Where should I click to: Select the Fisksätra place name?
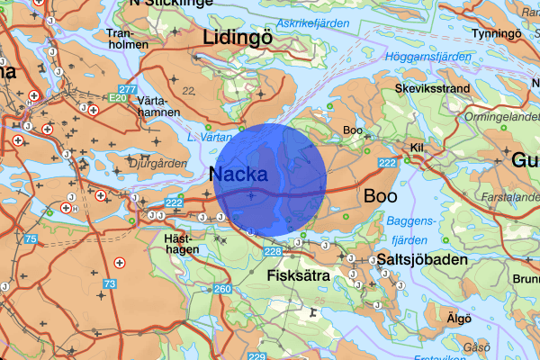pyautogui.click(x=297, y=274)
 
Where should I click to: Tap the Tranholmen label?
pyautogui.click(x=125, y=39)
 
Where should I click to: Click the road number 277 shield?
pyautogui.click(x=128, y=89)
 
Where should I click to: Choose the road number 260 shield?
pyautogui.click(x=221, y=289)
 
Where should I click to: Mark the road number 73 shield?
pyautogui.click(x=111, y=283)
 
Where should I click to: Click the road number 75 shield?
pyautogui.click(x=31, y=239)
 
